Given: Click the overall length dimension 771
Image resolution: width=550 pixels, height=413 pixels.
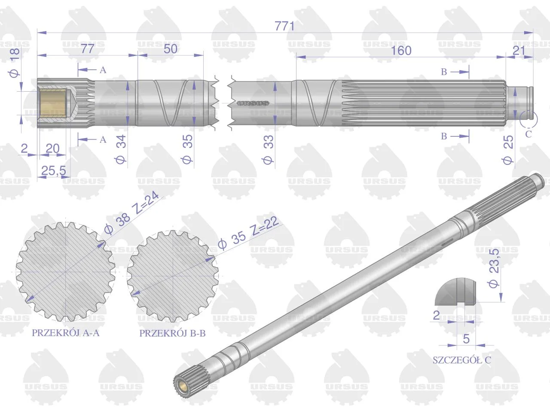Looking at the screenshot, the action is tap(284, 26).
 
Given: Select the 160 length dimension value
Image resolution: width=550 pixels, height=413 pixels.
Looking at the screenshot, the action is tap(401, 51).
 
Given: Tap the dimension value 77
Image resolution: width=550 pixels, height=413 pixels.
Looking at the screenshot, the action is tap(88, 49).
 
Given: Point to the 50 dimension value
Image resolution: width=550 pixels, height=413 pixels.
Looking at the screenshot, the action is tap(171, 49).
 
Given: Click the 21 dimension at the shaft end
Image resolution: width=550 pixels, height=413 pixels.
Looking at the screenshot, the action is tap(519, 51).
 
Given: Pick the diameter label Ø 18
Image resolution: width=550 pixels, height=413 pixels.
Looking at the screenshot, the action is tap(14, 63).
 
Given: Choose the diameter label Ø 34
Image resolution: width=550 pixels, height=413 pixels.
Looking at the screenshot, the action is tap(121, 149).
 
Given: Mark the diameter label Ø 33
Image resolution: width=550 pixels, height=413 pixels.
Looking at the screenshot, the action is tap(268, 150).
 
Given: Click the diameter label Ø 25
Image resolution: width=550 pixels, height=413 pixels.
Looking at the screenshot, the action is tap(508, 150).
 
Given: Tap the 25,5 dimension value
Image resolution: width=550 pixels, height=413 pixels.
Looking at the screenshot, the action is tap(54, 171).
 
